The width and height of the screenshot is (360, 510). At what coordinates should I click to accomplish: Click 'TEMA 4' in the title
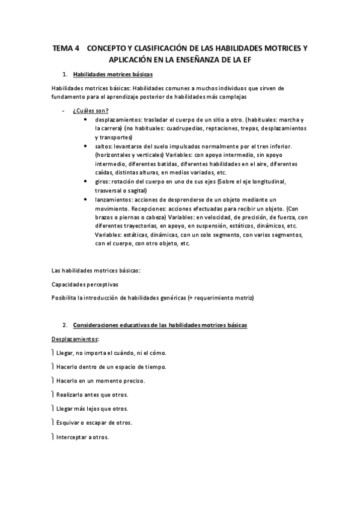click(x=66, y=48)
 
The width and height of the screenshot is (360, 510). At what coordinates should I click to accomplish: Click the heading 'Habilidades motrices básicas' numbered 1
click(x=112, y=75)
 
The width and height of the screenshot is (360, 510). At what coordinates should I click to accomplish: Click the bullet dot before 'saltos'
click(x=89, y=146)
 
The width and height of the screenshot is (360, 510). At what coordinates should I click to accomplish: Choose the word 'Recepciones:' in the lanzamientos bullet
click(x=145, y=208)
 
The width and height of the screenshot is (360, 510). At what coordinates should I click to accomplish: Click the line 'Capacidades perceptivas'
click(x=85, y=284)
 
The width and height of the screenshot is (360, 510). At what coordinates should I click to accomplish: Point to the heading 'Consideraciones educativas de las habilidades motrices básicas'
click(x=159, y=325)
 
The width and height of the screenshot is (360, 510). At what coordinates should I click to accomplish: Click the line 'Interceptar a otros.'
click(x=82, y=437)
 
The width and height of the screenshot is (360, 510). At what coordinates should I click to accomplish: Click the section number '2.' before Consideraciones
click(x=65, y=325)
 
